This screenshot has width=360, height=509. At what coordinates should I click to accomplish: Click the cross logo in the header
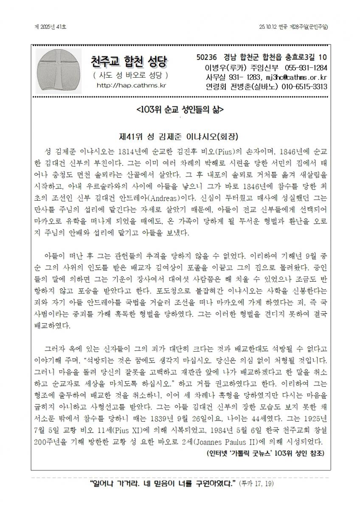point(57,70)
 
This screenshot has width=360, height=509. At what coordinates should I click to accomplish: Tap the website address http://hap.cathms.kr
point(131,85)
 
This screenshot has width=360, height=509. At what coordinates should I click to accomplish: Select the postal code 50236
point(207,57)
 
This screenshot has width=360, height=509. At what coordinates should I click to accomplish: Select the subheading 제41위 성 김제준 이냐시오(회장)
point(180,137)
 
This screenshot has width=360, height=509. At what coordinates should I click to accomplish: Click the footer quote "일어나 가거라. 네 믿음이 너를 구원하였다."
point(163,484)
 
